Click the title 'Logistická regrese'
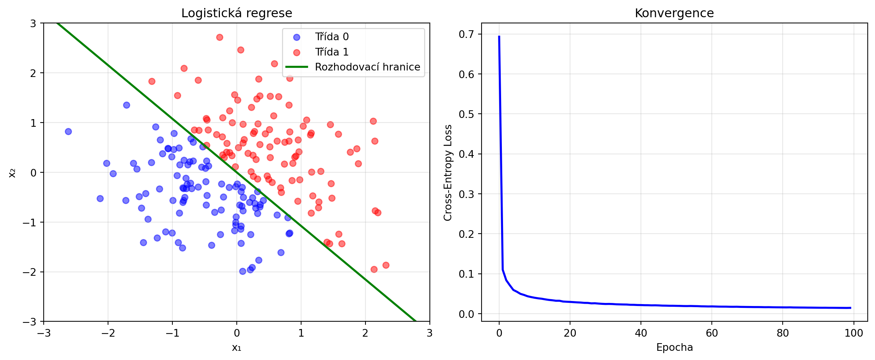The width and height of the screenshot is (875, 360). pos(236,13)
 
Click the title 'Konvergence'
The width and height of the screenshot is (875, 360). pos(674,13)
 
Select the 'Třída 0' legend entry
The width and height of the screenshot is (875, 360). pos(331,37)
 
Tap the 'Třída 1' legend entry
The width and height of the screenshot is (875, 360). pos(331,52)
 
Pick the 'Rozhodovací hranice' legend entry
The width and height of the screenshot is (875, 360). pos(367,67)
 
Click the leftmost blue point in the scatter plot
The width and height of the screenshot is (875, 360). pos(68,131)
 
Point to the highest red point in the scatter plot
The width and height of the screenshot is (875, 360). pos(220,37)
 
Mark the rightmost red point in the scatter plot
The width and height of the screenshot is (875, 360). pos(386,265)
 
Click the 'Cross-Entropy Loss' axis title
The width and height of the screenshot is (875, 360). pos(448,172)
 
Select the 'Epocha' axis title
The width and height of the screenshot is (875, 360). pos(674,347)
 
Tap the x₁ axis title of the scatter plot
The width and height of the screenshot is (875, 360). pos(236,347)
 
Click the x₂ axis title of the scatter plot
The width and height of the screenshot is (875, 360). pos(12,173)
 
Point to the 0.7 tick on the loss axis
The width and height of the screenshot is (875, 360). pos(466,34)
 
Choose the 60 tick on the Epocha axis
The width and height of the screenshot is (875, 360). pos(712,333)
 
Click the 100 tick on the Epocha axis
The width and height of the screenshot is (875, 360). pos(854,333)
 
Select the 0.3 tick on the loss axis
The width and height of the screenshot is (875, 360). pos(466,194)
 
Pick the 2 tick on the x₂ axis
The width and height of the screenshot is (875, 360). pos(33,73)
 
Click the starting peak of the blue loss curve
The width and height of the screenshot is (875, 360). pos(499,36)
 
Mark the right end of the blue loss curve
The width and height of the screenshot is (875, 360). pos(850,308)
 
